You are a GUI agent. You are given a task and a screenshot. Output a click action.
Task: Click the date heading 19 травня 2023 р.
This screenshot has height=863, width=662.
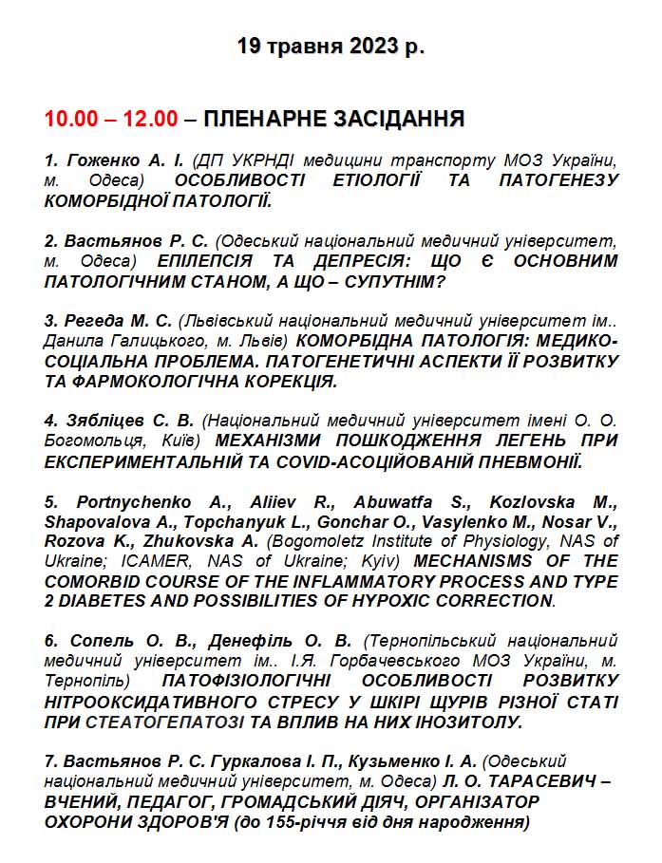coord(330,46)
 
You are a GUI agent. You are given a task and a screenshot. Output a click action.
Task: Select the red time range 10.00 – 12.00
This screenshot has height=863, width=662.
coord(110,119)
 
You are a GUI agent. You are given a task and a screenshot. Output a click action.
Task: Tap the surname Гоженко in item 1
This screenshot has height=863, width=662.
coord(100,159)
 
